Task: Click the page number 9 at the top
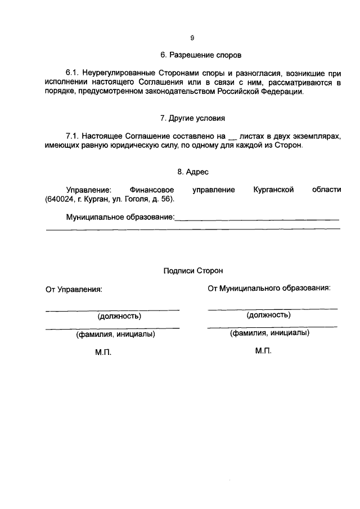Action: coord(192,38)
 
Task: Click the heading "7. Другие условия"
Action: coord(192,119)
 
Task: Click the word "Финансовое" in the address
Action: coord(151,190)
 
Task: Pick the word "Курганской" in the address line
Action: coord(274,190)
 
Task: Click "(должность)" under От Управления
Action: coord(119,316)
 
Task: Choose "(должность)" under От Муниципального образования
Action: coord(268,315)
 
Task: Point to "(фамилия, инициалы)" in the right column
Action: coord(269,332)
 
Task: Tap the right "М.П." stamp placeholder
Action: coord(263,350)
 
